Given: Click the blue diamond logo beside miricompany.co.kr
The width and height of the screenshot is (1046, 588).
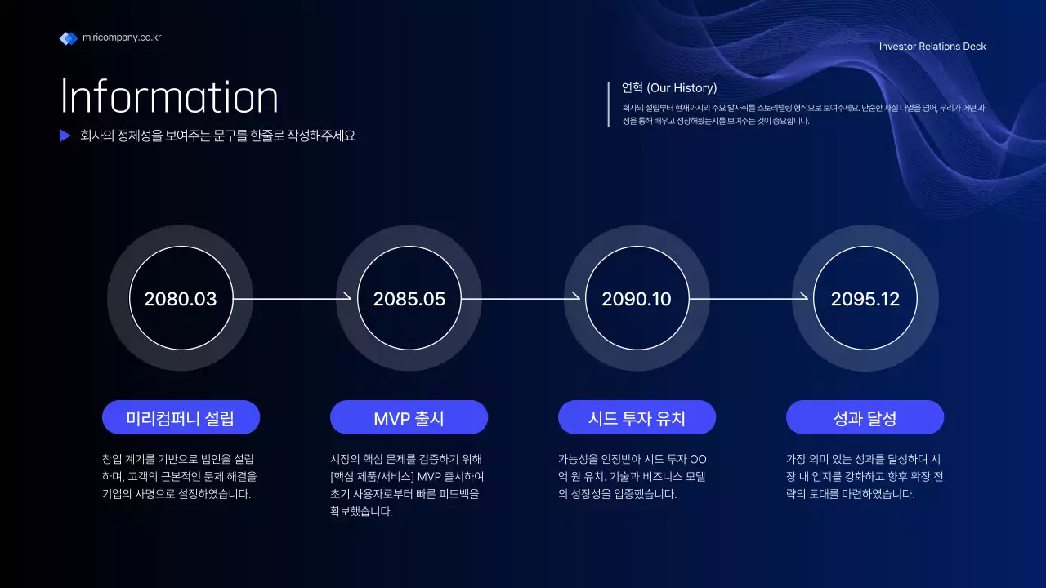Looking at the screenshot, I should click(x=69, y=38).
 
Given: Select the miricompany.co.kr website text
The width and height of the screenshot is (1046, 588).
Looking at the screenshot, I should click(x=122, y=38).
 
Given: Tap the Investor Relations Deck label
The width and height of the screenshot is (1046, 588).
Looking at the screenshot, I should click(x=932, y=47).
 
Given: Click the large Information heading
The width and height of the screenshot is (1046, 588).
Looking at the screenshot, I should click(x=170, y=97).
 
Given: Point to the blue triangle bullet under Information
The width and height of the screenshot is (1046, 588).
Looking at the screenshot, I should click(x=65, y=136).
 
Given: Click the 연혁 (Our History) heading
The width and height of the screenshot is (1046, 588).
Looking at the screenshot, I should click(x=669, y=88).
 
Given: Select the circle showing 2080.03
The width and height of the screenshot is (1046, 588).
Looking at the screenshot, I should click(x=181, y=299).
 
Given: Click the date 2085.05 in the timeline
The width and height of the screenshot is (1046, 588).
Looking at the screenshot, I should click(x=409, y=299).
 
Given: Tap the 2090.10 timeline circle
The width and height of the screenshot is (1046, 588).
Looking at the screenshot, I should click(x=637, y=299).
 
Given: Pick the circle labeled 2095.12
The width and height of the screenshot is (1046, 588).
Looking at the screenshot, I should click(x=865, y=299).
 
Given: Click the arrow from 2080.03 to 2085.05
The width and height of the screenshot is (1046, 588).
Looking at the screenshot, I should click(x=293, y=299).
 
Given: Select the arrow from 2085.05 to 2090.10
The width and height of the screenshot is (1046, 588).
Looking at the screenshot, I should click(x=521, y=299).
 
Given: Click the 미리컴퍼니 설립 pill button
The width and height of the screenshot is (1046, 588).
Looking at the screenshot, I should click(x=181, y=418).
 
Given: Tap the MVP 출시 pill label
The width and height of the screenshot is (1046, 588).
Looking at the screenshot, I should click(x=409, y=418).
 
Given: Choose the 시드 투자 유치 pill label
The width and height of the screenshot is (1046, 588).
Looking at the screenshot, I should click(x=637, y=418).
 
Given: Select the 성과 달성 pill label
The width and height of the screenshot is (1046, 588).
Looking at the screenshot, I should click(x=865, y=418).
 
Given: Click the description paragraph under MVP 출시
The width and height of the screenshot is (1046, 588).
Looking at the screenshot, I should click(x=406, y=485).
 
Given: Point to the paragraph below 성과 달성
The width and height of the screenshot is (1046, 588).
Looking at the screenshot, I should click(x=864, y=476).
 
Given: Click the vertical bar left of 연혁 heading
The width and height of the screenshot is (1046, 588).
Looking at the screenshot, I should click(x=609, y=105).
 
